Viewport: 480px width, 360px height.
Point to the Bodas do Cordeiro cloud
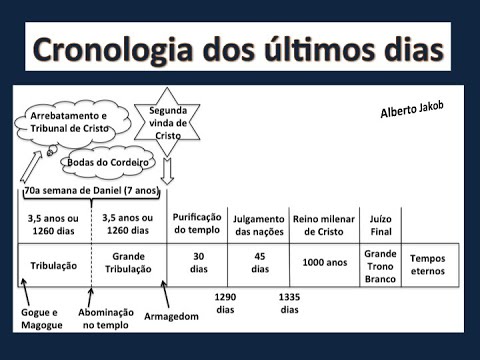click(x=108, y=162)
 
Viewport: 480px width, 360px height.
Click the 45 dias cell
click(x=260, y=263)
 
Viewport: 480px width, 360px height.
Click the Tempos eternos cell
click(x=429, y=263)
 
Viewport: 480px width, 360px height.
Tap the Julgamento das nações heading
click(x=259, y=225)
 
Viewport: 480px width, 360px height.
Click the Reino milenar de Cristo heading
click(x=323, y=224)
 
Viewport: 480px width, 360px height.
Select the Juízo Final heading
click(x=380, y=224)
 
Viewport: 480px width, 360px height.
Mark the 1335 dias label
click(x=289, y=303)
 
